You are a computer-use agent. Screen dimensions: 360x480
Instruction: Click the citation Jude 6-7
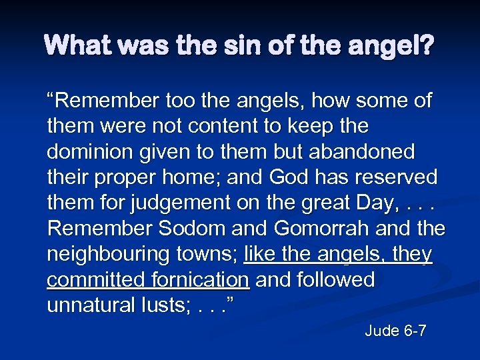point(395,331)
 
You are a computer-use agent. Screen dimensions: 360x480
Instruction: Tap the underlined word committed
point(92,280)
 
